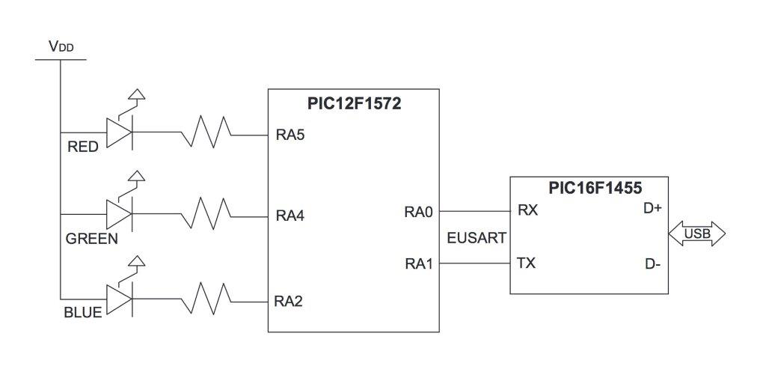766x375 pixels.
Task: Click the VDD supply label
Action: pyautogui.click(x=61, y=46)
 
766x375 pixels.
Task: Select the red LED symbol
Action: pyautogui.click(x=119, y=133)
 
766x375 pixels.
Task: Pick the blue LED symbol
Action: pyautogui.click(x=119, y=300)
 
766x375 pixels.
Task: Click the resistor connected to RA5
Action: pyautogui.click(x=205, y=134)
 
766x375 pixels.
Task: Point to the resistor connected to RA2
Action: pyautogui.click(x=205, y=301)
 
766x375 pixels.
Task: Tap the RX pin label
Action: pyautogui.click(x=527, y=210)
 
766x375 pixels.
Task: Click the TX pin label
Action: pyautogui.click(x=527, y=263)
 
